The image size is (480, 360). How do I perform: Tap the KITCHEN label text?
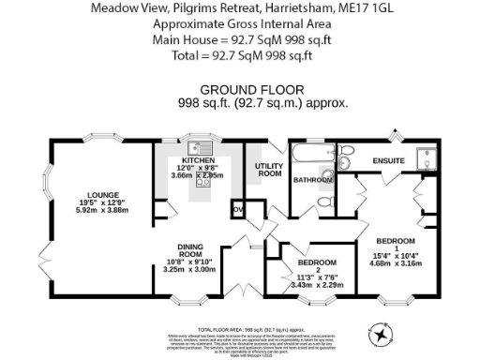[x=199, y=158]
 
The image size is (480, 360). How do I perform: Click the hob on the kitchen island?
[x=201, y=183]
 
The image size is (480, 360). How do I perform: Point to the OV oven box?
[x=237, y=208]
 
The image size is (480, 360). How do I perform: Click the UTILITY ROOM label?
[x=270, y=170]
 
